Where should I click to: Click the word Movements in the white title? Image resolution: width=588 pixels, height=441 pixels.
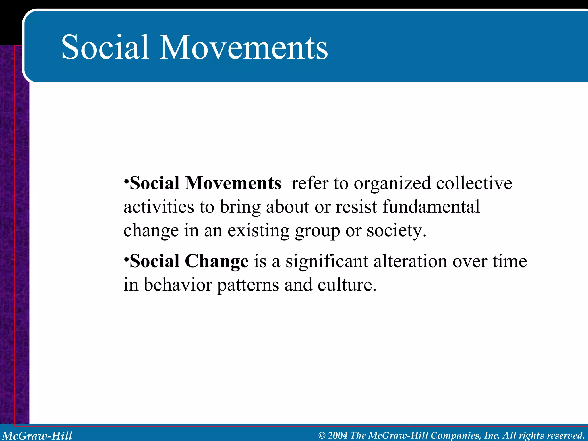pyautogui.click(x=243, y=47)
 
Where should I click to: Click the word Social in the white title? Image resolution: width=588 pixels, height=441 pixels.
pyautogui.click(x=105, y=47)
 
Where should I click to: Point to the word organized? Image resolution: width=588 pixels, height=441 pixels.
pyautogui.click(x=392, y=184)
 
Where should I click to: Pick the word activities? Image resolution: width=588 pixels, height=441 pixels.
pyautogui.click(x=159, y=207)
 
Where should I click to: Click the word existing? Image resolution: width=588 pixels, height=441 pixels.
pyautogui.click(x=258, y=231)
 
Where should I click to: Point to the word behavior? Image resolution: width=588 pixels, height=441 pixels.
pyautogui.click(x=178, y=285)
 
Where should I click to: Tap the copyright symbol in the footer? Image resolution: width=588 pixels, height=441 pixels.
pyautogui.click(x=322, y=436)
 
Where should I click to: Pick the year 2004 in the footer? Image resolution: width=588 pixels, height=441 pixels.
pyautogui.click(x=337, y=436)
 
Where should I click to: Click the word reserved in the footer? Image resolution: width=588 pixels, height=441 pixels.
pyautogui.click(x=566, y=436)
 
